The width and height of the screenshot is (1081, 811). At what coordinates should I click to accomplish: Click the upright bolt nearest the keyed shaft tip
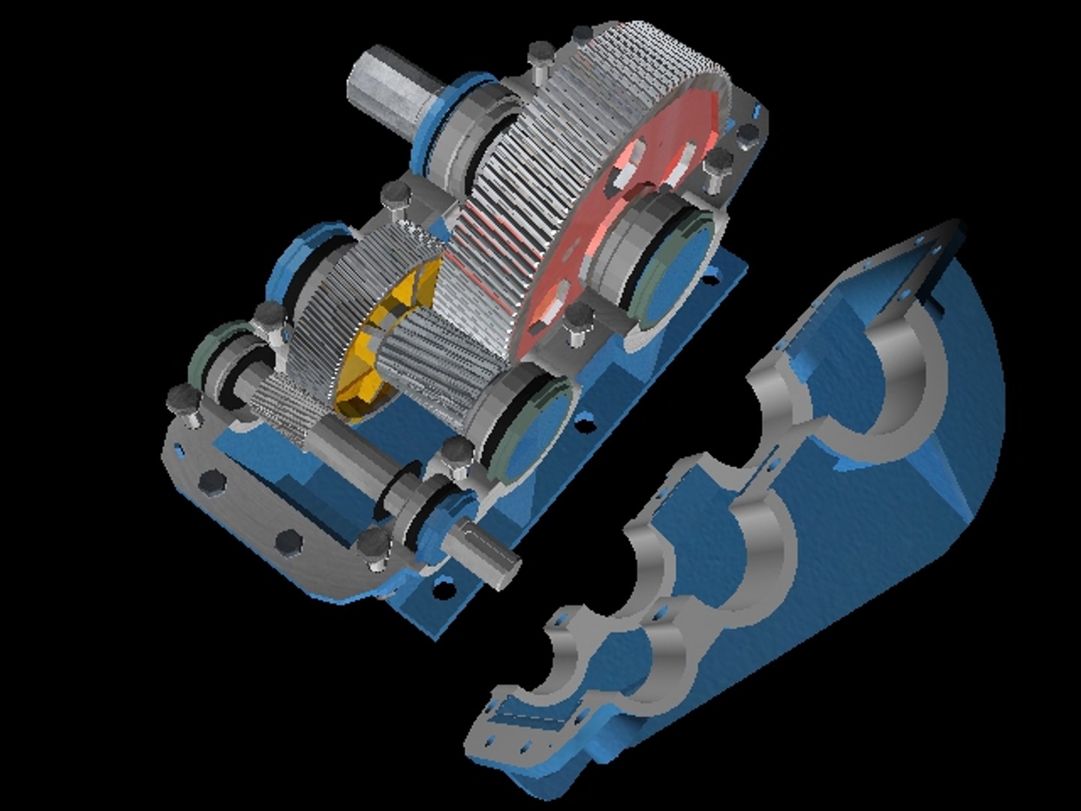click(371, 547)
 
